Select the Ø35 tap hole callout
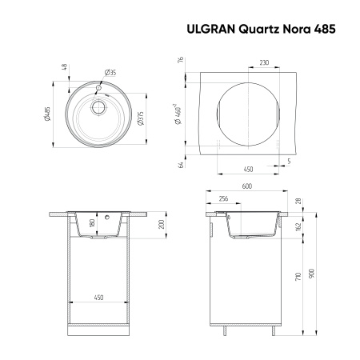click(110, 74)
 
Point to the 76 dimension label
click(182, 61)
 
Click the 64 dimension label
click(182, 165)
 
